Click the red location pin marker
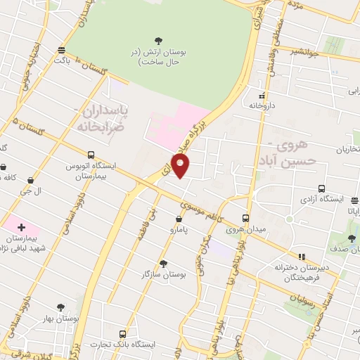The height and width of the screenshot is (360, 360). point(182,167)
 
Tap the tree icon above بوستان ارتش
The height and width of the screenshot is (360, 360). point(163,40)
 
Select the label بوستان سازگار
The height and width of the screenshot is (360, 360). point(163,275)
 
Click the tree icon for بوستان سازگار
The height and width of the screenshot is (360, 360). point(163,263)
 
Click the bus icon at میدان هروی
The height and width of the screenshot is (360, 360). point(245,217)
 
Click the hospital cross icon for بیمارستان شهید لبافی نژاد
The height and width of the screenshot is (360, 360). point(21,227)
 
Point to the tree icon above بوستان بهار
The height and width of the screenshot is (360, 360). point(60,307)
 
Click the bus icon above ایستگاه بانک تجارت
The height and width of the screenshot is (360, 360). point(123,334)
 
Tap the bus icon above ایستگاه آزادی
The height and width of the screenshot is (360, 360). point(321,188)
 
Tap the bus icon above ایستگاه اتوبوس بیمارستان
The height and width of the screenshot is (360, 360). point(91,155)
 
